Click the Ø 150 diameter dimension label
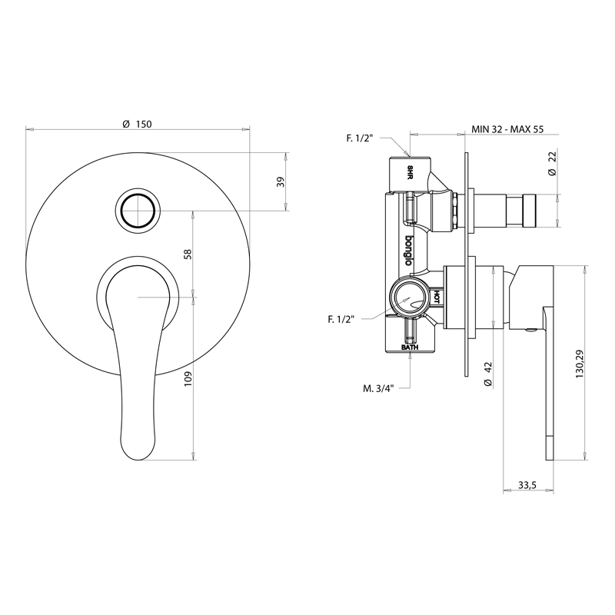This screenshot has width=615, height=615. click(x=137, y=125)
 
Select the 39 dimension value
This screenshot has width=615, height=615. click(x=280, y=181)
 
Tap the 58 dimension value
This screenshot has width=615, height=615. click(x=188, y=254)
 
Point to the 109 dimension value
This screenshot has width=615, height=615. click(x=188, y=379)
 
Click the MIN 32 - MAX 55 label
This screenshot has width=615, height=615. click(x=507, y=129)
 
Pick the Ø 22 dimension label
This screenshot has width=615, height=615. click(x=552, y=164)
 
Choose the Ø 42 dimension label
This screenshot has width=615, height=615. click(x=487, y=374)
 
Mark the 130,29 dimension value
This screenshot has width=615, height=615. click(x=580, y=364)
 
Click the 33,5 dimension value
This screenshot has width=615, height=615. click(x=527, y=485)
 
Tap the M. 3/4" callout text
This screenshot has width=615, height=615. click(x=378, y=388)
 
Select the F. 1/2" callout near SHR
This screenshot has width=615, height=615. click(x=360, y=138)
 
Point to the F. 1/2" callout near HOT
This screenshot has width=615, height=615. click(x=341, y=319)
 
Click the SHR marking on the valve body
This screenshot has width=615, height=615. click(x=410, y=172)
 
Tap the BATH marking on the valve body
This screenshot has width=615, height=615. click(x=410, y=347)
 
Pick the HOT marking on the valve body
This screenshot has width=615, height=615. click(x=436, y=298)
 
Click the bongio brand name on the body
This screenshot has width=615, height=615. click(x=409, y=251)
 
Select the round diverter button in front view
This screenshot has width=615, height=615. click(x=138, y=209)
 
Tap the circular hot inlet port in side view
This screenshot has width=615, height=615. click(x=408, y=298)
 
